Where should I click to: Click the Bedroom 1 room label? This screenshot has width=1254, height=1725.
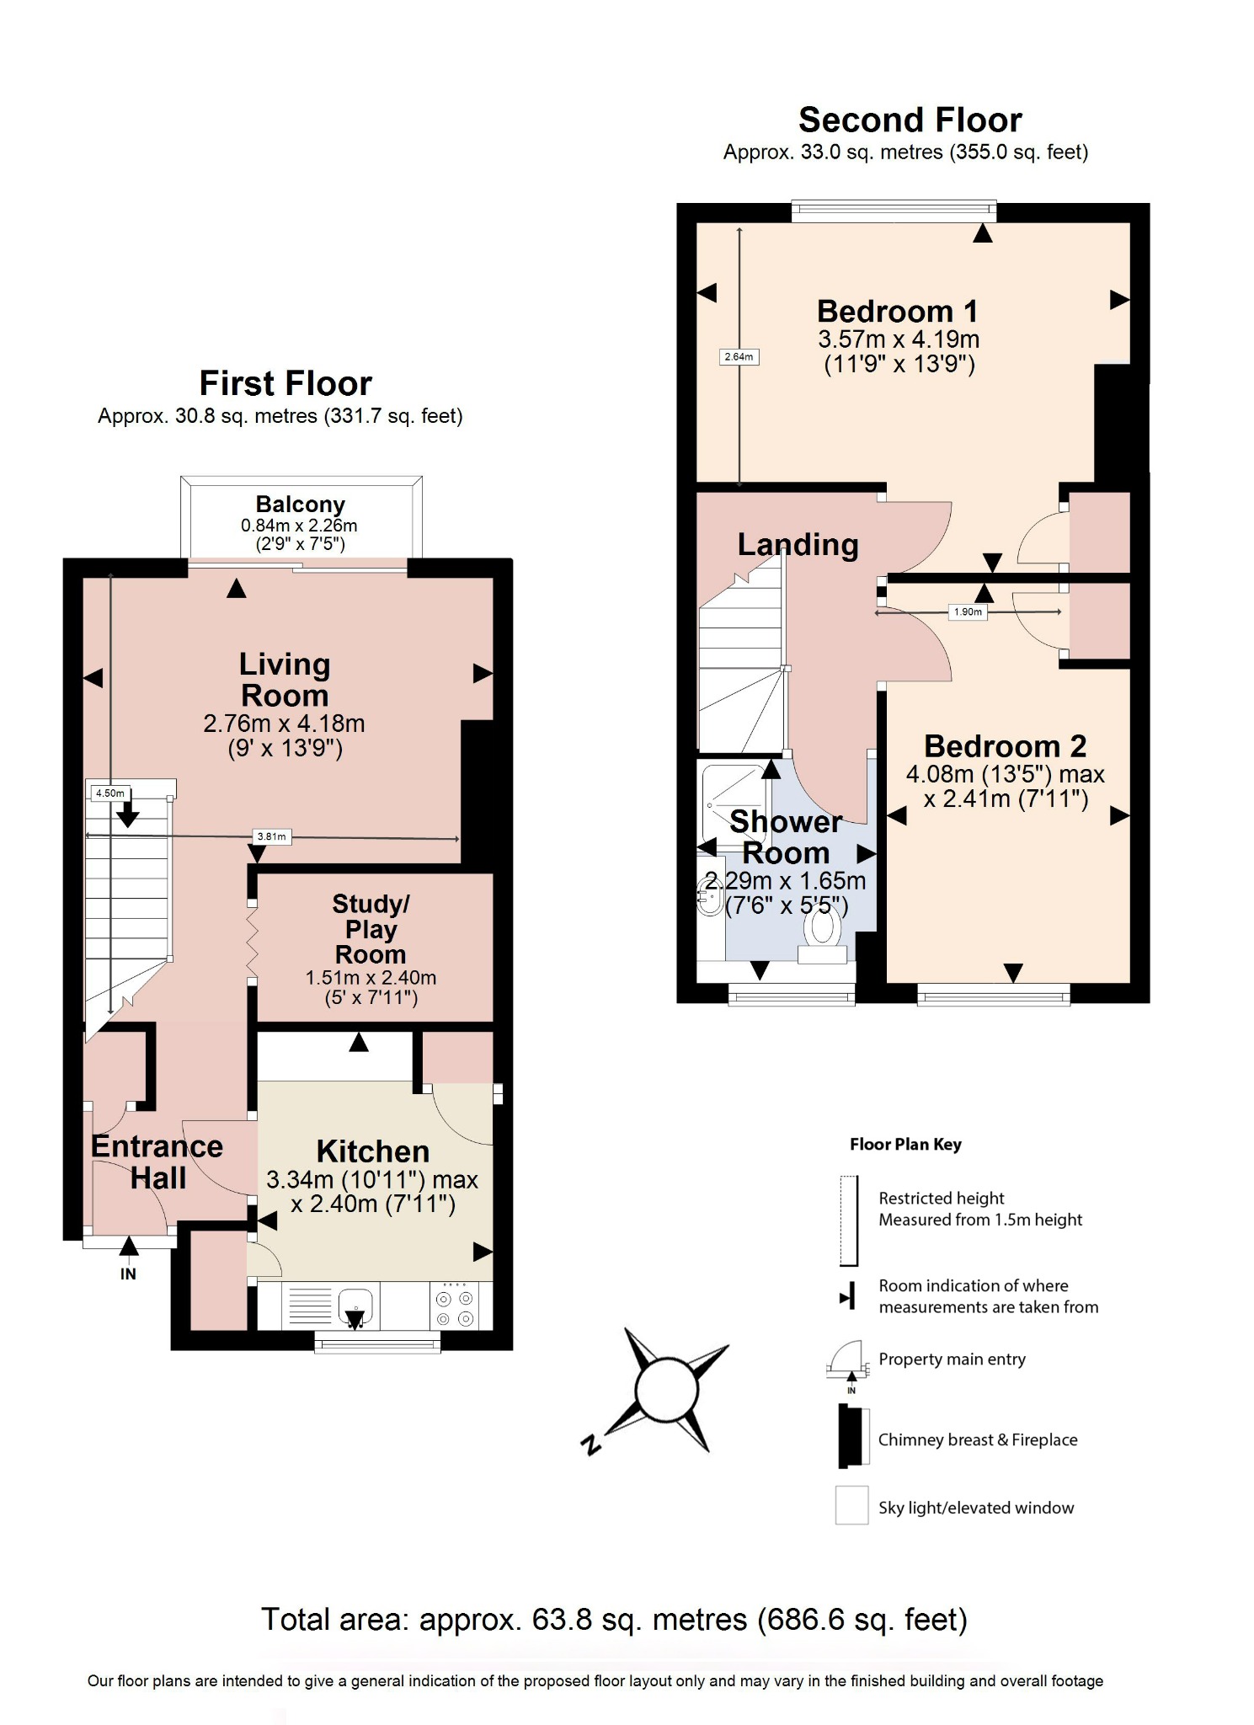click(897, 312)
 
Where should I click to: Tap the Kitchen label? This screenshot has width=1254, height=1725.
click(372, 1151)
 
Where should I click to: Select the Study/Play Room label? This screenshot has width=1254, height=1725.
click(371, 929)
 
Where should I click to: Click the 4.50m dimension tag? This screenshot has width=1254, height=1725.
click(110, 793)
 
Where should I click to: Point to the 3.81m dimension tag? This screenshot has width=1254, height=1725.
click(271, 836)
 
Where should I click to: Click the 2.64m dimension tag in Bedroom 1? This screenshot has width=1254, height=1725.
click(739, 357)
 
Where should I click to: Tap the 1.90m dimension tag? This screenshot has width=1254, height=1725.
click(968, 612)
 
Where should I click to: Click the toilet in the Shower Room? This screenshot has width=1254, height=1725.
click(822, 935)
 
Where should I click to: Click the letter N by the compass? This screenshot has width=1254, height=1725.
click(591, 1445)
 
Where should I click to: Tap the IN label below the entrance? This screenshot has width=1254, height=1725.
click(128, 1274)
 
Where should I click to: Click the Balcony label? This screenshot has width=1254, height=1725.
click(300, 505)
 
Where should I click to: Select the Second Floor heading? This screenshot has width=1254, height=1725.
click(910, 120)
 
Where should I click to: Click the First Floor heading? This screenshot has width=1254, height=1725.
click(285, 384)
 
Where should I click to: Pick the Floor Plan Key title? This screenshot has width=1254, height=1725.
click(905, 1145)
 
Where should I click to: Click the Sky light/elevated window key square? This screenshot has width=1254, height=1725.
click(851, 1505)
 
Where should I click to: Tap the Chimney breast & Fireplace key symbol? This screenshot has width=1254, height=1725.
click(852, 1436)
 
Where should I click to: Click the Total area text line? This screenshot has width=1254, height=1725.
click(614, 1620)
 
